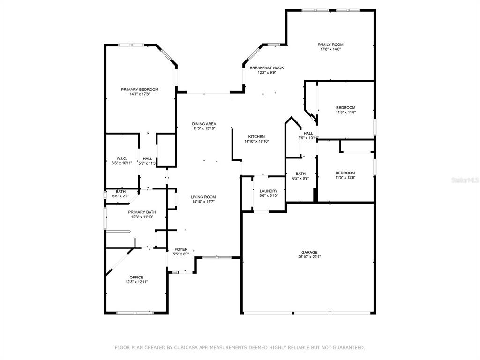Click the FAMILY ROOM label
pyautogui.click(x=330, y=45)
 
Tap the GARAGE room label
pyautogui.click(x=309, y=253)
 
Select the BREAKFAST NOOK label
pyautogui.click(x=267, y=68)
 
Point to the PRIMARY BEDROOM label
pyautogui.click(x=140, y=90)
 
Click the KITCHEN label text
pyautogui.click(x=256, y=137)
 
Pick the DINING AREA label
pyautogui.click(x=204, y=124)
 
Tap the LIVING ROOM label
pyautogui.click(x=203, y=197)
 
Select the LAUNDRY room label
pyautogui.click(x=269, y=191)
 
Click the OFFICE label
pyautogui.click(x=136, y=277)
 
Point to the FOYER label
pyautogui.click(x=181, y=249)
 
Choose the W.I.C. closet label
pyautogui.click(x=121, y=158)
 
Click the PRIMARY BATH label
pyautogui.click(x=142, y=212)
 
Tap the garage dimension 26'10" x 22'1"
pyautogui.click(x=309, y=257)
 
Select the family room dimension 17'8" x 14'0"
pyautogui.click(x=330, y=49)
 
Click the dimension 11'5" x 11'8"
pyautogui.click(x=345, y=112)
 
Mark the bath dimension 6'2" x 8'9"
pyautogui.click(x=300, y=178)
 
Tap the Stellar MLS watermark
pyautogui.click(x=465, y=180)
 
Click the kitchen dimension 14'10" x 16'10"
pyautogui.click(x=256, y=142)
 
